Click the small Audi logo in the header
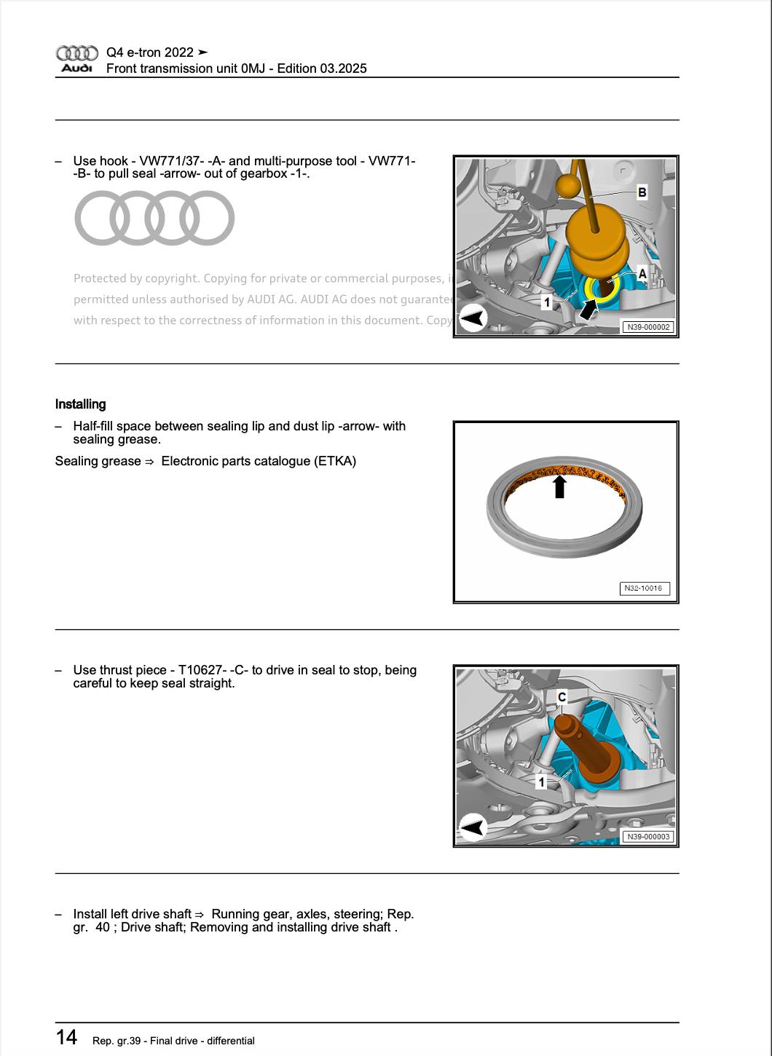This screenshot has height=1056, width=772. (x=76, y=59)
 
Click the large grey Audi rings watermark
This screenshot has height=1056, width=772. (x=154, y=218)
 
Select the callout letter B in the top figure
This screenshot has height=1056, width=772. (x=642, y=192)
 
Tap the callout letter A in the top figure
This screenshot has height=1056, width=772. (x=642, y=274)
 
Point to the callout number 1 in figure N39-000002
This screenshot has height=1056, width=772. (x=546, y=302)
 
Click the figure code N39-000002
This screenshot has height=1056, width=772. (x=647, y=327)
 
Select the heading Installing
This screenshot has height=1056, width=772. (x=80, y=404)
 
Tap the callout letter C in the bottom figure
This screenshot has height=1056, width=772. (x=562, y=698)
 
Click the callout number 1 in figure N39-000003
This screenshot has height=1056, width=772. (x=541, y=781)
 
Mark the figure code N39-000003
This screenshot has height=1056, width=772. (x=647, y=837)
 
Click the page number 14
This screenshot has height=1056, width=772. (x=66, y=1037)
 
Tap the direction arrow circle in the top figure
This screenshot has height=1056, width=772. (x=473, y=318)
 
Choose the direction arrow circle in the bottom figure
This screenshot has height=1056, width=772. (x=473, y=827)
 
